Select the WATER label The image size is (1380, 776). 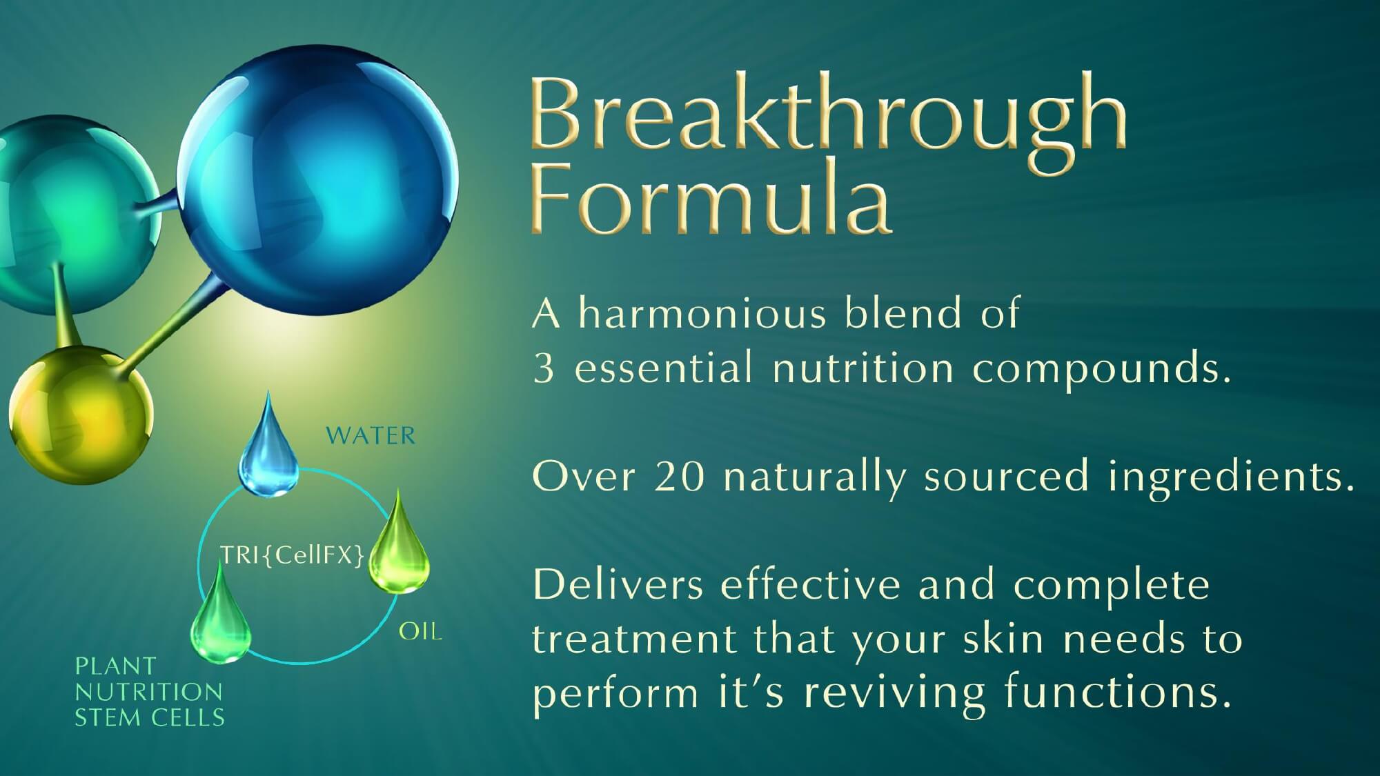pos(371,436)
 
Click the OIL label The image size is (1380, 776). pos(420,631)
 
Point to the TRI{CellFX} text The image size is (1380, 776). pos(292,555)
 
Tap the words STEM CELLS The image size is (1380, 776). pos(150,718)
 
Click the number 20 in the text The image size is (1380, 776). pos(680,476)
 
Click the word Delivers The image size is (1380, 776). pos(618,585)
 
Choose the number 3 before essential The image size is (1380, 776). pos(544,368)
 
